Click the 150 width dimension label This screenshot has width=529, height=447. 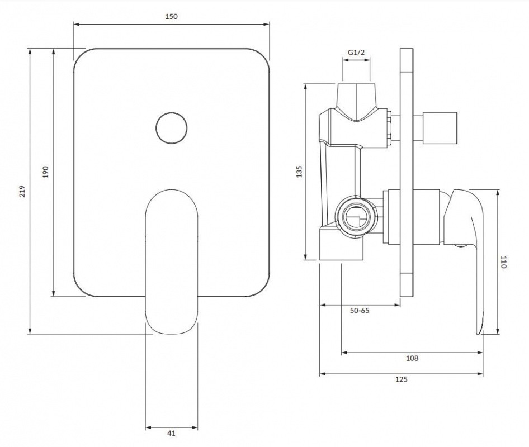pyautogui.click(x=171, y=16)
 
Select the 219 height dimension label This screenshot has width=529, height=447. pyautogui.click(x=22, y=191)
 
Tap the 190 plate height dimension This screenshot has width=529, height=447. pyautogui.click(x=46, y=172)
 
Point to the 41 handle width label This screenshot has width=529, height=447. pyautogui.click(x=171, y=433)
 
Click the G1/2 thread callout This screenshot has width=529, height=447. pyautogui.click(x=356, y=53)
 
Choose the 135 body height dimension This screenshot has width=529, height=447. pyautogui.click(x=298, y=172)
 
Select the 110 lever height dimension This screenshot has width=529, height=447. pyautogui.click(x=503, y=262)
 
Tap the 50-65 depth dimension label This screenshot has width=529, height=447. pyautogui.click(x=360, y=311)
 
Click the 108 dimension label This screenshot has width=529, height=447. pyautogui.click(x=412, y=358)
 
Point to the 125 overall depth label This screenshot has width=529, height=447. pyautogui.click(x=402, y=379)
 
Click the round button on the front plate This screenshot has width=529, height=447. pyautogui.click(x=171, y=127)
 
